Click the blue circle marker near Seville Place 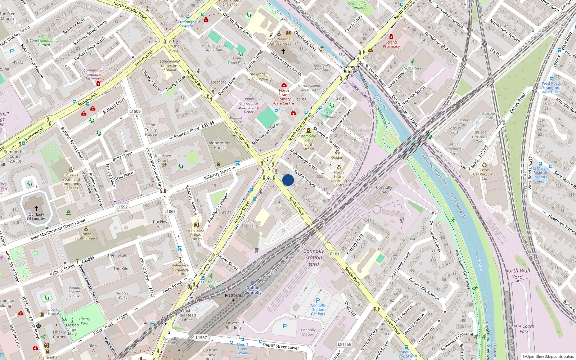pos(288,180)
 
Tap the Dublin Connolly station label pos(253,290)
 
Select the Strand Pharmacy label pos(391,44)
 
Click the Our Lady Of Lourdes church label pos(36,216)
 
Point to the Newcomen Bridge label pos(350,69)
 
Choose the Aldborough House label pos(220,145)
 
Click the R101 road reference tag pos(335,254)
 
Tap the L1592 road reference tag pos(122,207)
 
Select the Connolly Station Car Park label pos(318,310)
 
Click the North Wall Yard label pos(517,274)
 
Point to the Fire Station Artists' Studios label pos(196,234)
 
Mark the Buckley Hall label pos(160,224)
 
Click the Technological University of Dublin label pos(169,66)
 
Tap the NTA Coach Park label pos(524,329)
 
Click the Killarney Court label pos(163,158)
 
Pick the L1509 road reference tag pos(135,112)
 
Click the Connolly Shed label pos(384,190)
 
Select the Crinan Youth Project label pos(86,236)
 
